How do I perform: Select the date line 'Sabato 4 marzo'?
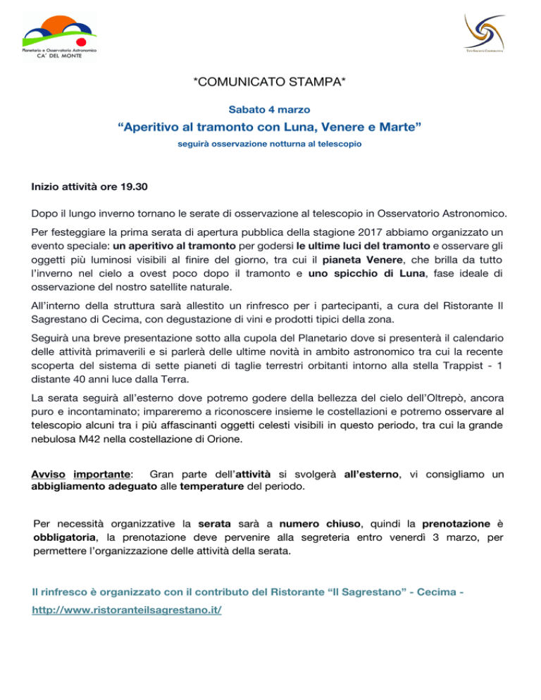pos(270,110)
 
